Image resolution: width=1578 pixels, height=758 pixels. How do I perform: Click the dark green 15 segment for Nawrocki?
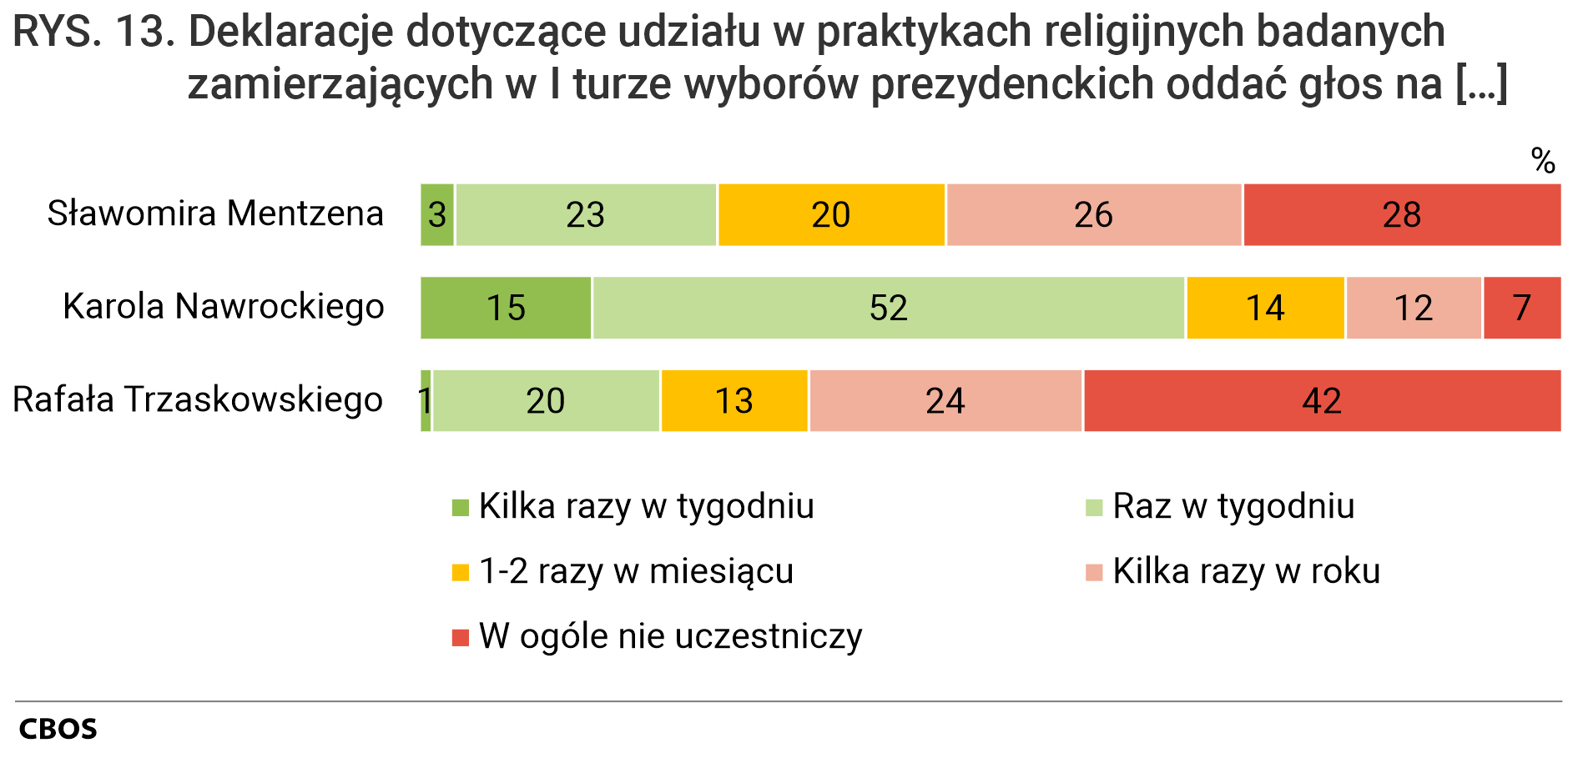coord(506,308)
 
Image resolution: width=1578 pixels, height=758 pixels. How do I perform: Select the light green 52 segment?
coord(888,308)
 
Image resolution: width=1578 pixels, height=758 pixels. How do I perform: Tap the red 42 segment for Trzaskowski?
coord(1322,401)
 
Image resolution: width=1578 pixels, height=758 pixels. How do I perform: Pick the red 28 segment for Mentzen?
coord(1402,215)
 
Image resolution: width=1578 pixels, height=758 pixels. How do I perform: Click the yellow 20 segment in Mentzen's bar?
coord(831,215)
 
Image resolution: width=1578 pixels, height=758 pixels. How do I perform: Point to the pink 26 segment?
coord(1093,215)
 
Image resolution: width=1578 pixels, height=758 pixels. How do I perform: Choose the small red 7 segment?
coord(1521,308)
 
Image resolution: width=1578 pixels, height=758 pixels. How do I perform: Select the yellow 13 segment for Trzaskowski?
coord(734,401)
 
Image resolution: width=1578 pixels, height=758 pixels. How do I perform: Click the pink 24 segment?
coord(945,401)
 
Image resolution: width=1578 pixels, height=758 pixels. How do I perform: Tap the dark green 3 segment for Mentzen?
coord(437,215)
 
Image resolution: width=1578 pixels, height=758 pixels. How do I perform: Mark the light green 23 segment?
coord(585,215)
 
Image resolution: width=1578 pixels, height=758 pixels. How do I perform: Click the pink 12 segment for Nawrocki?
coord(1414,308)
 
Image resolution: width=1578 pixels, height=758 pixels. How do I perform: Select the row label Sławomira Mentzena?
coord(215,213)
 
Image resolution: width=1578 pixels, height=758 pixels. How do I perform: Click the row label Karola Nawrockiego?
coord(224,307)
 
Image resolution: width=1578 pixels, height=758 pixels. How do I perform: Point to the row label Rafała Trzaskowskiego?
coord(198,400)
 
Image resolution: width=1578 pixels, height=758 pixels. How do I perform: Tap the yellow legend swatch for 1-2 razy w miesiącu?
coord(460,573)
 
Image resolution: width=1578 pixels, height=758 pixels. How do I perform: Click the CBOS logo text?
coord(58,729)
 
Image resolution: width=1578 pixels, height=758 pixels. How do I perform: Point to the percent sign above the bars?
coord(1543,160)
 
